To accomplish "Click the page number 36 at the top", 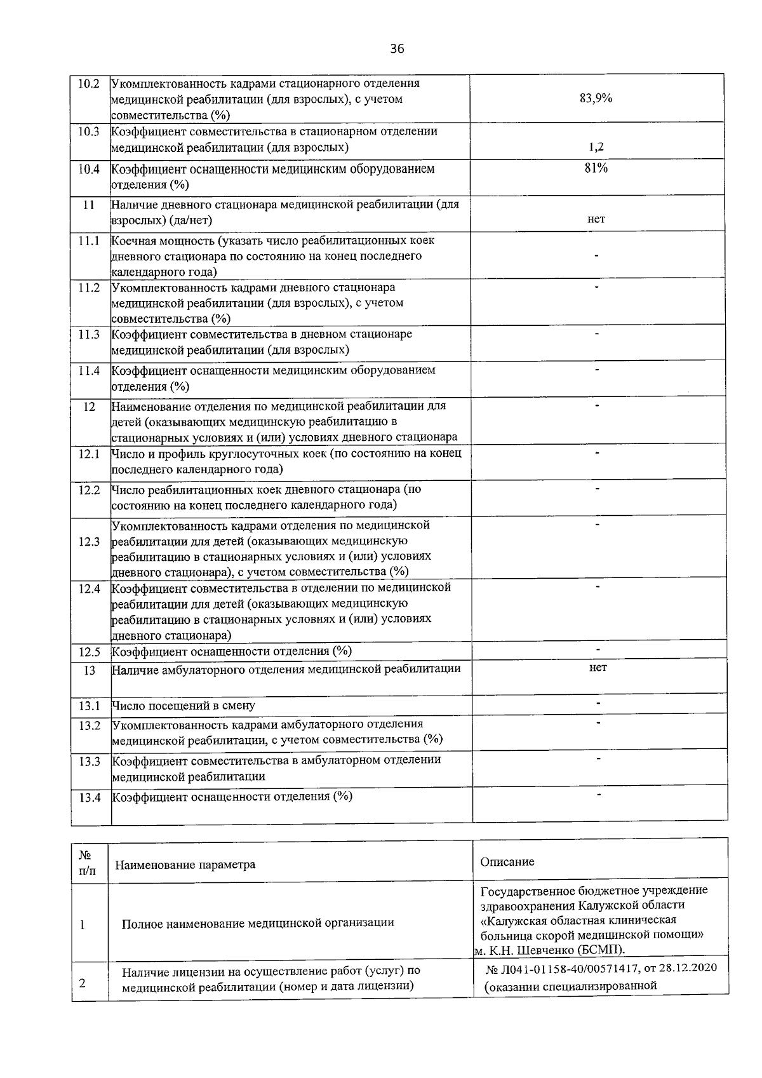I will click(397, 49).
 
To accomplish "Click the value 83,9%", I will click(596, 98).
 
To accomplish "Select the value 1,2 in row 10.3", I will click(596, 147).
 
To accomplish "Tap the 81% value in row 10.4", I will click(596, 168).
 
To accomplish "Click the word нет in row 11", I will click(596, 219).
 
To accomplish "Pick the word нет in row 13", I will click(598, 668).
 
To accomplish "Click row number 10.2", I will click(89, 84).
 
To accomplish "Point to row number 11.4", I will click(89, 371).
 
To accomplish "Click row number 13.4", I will click(90, 798).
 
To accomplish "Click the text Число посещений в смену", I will click(184, 706).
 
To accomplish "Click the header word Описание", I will click(507, 862).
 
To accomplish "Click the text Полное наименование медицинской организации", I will click(258, 923).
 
